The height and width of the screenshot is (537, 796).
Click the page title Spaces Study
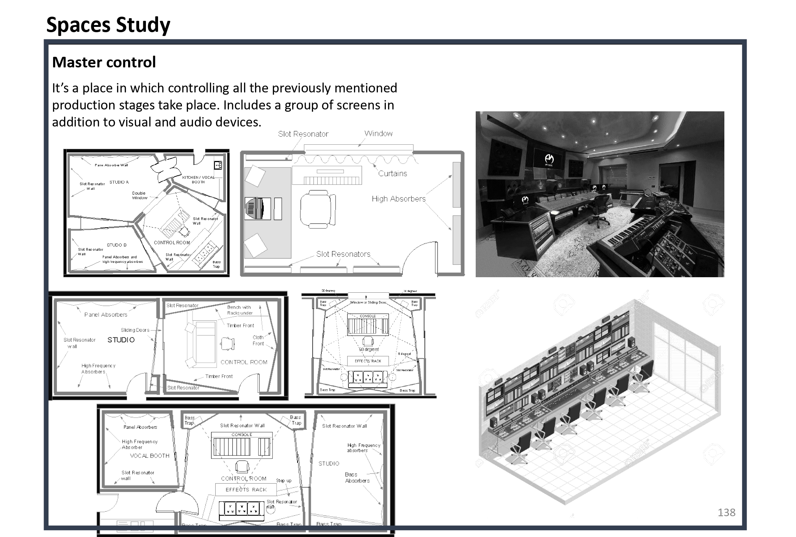[x=108, y=25]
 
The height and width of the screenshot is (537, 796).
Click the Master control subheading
[x=104, y=62]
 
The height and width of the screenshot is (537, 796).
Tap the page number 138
[x=726, y=512]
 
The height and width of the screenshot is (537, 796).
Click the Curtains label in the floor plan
[x=392, y=173]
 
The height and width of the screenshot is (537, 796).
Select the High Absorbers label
[x=398, y=199]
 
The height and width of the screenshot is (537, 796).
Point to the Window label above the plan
[x=378, y=133]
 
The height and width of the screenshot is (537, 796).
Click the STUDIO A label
[x=119, y=182]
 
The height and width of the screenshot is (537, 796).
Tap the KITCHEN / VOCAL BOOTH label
[x=198, y=180]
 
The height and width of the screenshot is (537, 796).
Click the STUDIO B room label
[x=116, y=245]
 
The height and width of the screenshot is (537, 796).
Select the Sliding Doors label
[x=135, y=330]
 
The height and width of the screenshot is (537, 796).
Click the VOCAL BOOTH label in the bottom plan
[x=149, y=456]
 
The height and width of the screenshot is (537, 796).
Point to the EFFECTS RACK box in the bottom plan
[x=246, y=490]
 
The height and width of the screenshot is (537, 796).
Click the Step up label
[x=284, y=481]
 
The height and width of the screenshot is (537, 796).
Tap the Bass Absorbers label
[x=357, y=478]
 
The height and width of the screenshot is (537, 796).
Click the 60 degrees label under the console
[x=368, y=349]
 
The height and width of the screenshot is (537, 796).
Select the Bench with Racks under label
[x=240, y=310]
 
